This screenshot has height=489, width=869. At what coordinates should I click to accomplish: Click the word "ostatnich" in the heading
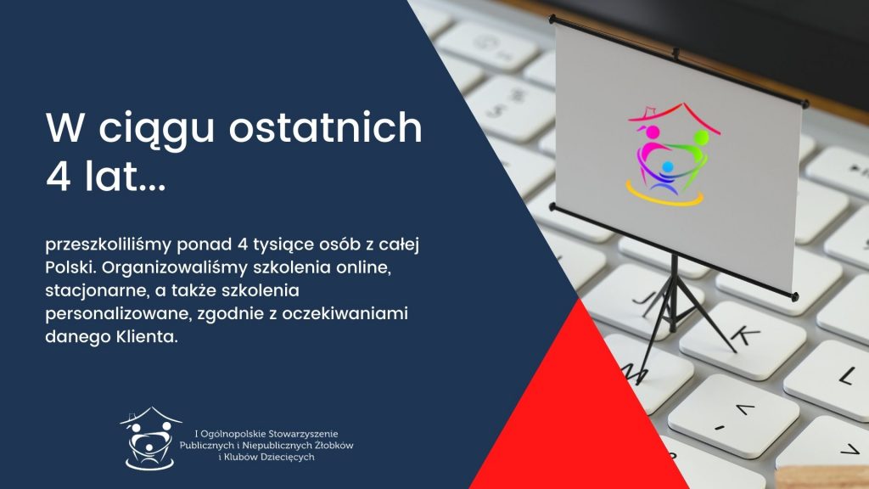tap(325, 127)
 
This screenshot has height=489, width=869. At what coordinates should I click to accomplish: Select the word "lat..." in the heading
tap(126, 177)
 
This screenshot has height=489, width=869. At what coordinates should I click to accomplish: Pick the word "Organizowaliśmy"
tap(175, 268)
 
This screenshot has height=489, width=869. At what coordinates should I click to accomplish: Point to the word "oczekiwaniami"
tap(345, 314)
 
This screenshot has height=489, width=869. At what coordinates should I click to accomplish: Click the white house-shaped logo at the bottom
tap(149, 439)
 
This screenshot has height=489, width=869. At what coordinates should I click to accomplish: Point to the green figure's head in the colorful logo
tap(701, 137)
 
